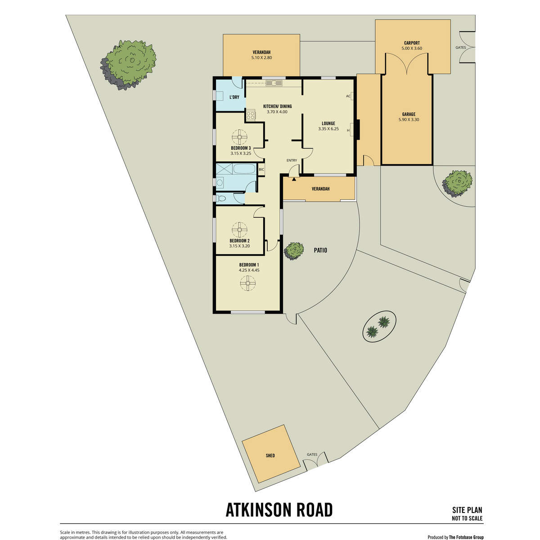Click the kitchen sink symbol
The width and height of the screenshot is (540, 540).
(274, 83)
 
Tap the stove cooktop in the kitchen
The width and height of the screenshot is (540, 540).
(251, 115)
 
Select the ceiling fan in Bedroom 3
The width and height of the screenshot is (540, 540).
(239, 137)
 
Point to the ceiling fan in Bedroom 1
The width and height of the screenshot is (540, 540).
(247, 283)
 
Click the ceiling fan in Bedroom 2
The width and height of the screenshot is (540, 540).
(239, 230)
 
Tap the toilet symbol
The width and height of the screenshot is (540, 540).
(220, 198)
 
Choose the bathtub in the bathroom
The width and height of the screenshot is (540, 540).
(244, 169)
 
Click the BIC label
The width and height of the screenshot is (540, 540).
(261, 170)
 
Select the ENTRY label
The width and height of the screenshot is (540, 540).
(292, 160)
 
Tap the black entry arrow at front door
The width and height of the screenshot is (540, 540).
(294, 179)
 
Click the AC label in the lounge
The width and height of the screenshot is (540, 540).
(348, 96)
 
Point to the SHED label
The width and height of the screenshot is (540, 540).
(270, 456)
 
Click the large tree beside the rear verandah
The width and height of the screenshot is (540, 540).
(128, 65)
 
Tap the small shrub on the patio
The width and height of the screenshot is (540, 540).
(294, 251)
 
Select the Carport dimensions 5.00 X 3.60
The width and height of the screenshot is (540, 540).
(411, 48)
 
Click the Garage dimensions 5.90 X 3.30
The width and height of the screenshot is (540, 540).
(409, 119)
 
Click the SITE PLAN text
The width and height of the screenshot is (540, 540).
(467, 510)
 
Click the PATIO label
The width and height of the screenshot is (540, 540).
(320, 250)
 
